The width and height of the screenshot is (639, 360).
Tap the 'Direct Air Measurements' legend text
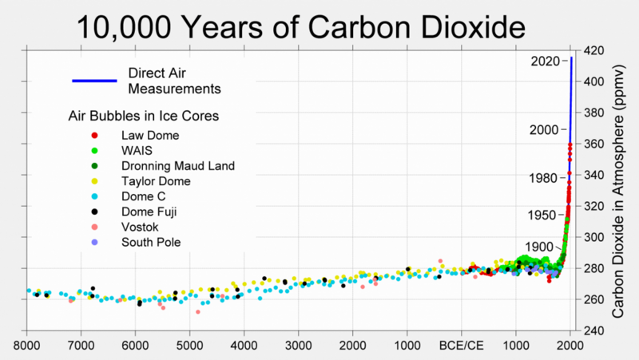[174, 80]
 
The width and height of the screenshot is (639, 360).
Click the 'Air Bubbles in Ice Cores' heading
[144, 117]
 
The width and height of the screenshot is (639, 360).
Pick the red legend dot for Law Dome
[95, 136]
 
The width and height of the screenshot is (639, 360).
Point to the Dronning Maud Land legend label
[177, 166]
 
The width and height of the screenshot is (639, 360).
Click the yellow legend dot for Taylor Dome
[95, 181]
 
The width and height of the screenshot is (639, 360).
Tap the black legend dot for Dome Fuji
[95, 212]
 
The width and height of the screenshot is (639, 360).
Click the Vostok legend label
[141, 227]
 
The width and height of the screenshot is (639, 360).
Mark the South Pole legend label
[151, 242]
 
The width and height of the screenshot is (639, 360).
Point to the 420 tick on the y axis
[596, 50]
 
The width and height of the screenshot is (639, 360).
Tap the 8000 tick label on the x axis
[27, 346]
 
